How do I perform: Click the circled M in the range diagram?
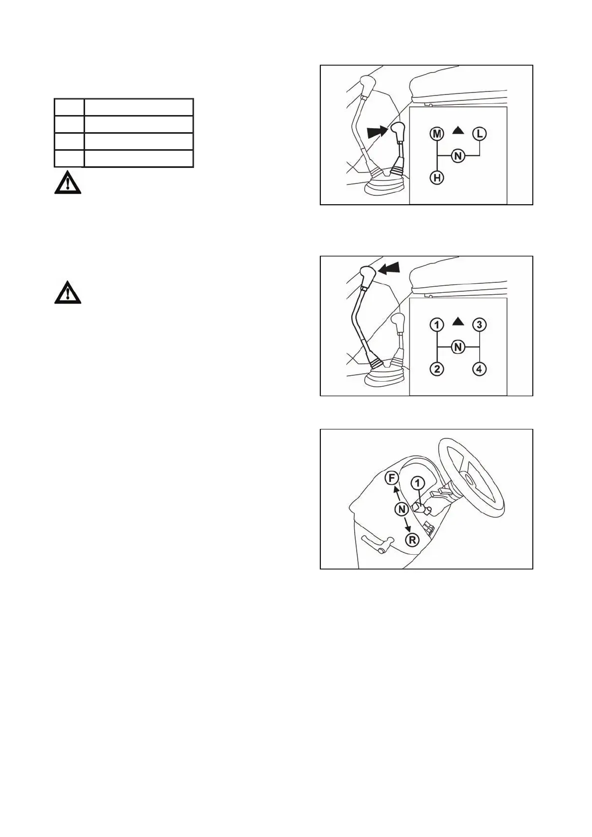[x=437, y=134]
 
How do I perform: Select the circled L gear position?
[x=480, y=134]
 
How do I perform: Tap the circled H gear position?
[x=437, y=177]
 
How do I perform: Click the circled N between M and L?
[x=458, y=156]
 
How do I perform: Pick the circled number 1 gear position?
[x=437, y=325]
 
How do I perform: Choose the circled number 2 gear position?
[x=437, y=369]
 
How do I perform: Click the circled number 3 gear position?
[x=480, y=325]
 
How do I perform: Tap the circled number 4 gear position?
[x=480, y=369]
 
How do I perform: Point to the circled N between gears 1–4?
[x=458, y=347]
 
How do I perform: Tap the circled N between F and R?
[x=402, y=509]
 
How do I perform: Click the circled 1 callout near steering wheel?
[x=418, y=483]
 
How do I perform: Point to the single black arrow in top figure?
[x=378, y=132]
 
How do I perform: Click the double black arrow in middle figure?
[x=389, y=268]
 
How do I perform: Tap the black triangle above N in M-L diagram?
[x=459, y=131]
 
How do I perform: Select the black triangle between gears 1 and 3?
[x=459, y=322]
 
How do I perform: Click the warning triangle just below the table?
[x=67, y=184]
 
